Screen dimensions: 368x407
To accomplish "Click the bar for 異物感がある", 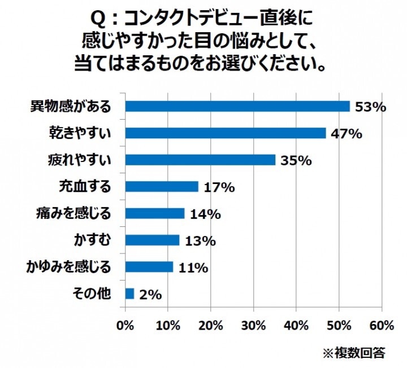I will coord(237,106).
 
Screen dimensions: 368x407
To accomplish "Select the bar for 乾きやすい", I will coord(225,133).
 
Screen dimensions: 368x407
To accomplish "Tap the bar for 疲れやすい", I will coord(200,160).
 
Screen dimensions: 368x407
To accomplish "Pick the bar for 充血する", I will coord(162,186).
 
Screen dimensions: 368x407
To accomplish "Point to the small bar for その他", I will coord(129,293).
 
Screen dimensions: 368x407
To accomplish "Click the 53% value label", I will coord(370,107).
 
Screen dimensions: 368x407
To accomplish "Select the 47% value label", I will coord(347,134).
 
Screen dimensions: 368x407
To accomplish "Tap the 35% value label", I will coord(296,160).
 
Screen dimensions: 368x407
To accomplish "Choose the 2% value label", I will coord(150,294).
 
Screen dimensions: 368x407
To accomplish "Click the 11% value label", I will coord(193,268).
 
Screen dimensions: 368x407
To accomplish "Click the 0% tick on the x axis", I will coord(125,326).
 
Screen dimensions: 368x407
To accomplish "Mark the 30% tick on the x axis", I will coord(253,326).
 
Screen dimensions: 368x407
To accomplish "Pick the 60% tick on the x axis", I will coord(382,326).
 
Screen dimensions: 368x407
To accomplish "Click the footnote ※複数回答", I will coord(354,353).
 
